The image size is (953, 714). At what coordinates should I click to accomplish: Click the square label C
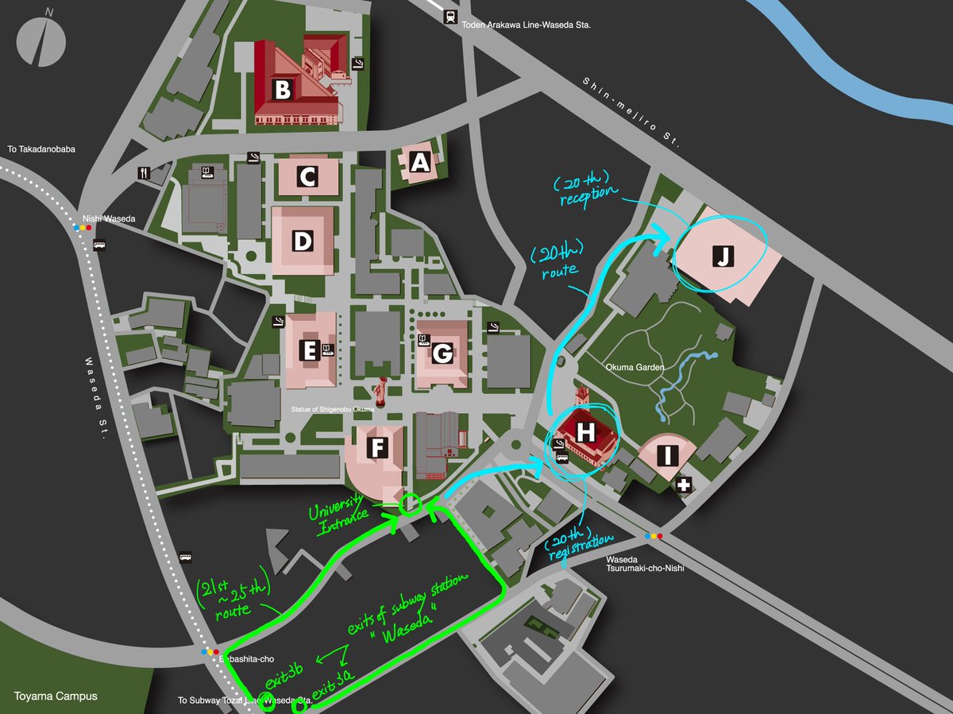pyautogui.click(x=308, y=177)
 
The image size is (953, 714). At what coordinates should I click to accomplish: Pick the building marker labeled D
pyautogui.click(x=302, y=241)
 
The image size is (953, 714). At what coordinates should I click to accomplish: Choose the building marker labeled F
pyautogui.click(x=378, y=449)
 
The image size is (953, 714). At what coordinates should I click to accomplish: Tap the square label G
pyautogui.click(x=442, y=353)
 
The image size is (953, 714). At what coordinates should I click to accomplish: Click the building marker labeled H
pyautogui.click(x=585, y=432)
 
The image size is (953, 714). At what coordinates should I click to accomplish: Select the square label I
pyautogui.click(x=668, y=456)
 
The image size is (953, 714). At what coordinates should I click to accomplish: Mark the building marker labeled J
pyautogui.click(x=723, y=256)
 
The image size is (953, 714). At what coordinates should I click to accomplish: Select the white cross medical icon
pyautogui.click(x=682, y=484)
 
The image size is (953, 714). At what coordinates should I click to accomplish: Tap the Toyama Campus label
pyautogui.click(x=55, y=697)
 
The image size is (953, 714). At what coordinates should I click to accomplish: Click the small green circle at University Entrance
pyautogui.click(x=410, y=504)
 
